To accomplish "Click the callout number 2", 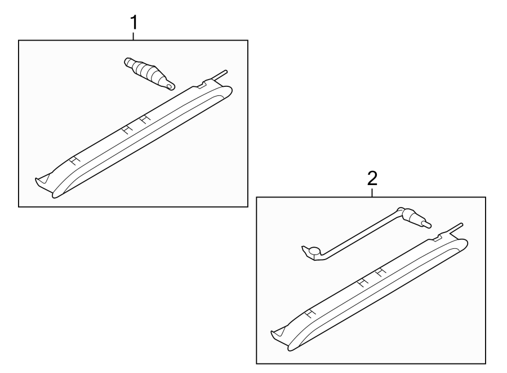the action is coord(372,179).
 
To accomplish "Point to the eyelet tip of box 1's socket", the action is coord(170,86).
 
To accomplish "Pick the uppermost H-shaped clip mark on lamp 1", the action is coord(145,119).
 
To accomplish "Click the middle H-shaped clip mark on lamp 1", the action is coord(128,129).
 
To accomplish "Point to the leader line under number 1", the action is coord(134,36).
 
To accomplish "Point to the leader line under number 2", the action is coord(372,192).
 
